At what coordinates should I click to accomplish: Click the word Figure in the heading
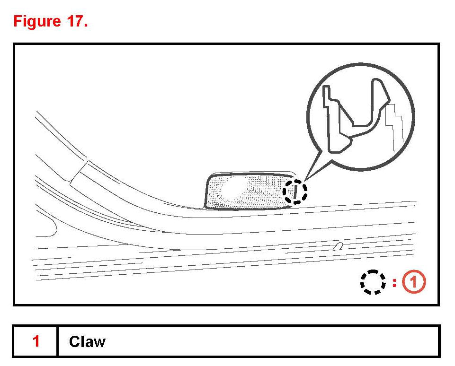click(37, 22)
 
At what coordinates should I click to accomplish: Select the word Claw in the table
click(87, 341)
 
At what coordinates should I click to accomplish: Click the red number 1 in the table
click(36, 341)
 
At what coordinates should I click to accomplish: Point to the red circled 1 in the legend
click(414, 281)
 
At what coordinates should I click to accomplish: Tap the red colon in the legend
click(394, 283)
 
